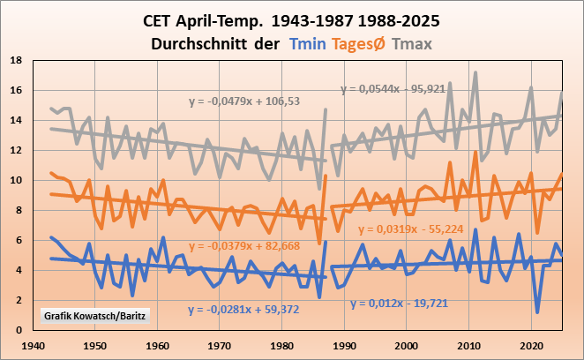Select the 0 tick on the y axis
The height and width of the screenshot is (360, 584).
pos(20,330)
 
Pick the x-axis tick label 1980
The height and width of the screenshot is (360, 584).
pos(282,345)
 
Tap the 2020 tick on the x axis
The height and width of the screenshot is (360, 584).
pos(531,345)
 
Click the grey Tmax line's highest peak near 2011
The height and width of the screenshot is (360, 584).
pos(475,72)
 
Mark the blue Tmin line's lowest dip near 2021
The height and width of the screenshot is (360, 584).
pos(537,311)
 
